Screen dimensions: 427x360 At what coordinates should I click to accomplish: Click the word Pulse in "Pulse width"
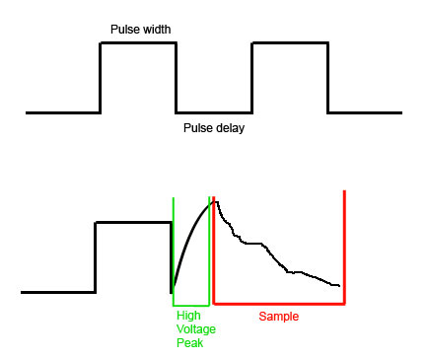coord(124,30)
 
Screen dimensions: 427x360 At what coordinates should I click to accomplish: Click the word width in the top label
coord(156,30)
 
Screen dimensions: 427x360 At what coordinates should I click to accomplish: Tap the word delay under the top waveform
coord(230,128)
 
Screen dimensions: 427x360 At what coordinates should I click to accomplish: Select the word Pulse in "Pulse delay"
coord(197,128)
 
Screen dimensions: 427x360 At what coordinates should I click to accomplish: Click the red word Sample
coord(279,317)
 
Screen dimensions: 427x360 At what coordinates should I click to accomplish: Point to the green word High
coord(188,316)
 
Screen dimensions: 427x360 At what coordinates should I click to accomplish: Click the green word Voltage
coord(196,329)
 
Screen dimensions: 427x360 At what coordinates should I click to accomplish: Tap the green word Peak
coord(189,343)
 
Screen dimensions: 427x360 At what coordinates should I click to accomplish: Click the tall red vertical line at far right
coord(344,247)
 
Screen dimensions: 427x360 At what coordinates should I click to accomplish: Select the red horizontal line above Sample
coord(279,304)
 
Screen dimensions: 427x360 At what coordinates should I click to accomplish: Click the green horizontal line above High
coord(191,305)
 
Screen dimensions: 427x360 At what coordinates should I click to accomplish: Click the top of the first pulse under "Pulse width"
coord(138,42)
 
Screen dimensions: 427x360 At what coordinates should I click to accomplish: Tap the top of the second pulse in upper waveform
coord(290,42)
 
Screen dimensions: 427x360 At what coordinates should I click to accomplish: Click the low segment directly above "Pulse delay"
coord(214,112)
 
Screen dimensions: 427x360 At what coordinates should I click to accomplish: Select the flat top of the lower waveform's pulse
coord(133,223)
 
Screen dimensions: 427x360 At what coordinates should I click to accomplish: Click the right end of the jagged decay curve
coord(339,286)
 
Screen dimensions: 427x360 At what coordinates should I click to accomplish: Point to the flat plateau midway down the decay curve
coord(253,244)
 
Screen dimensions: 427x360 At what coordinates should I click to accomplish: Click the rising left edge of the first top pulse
coord(101,78)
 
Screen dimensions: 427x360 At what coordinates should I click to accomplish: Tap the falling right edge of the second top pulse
coord(328,78)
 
